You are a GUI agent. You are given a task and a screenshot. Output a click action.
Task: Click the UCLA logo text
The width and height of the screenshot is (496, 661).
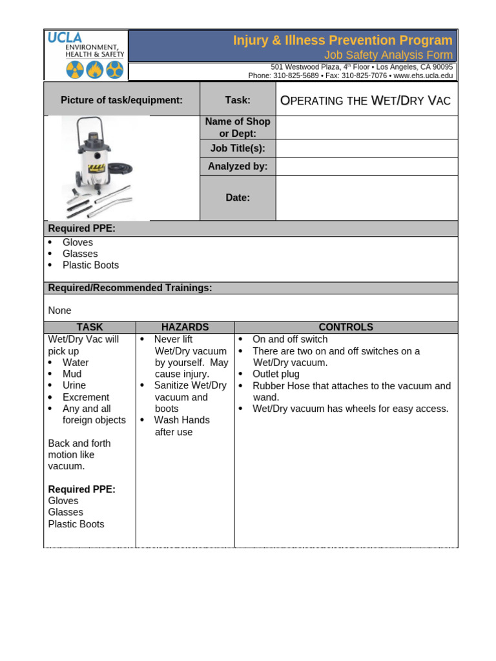(65, 37)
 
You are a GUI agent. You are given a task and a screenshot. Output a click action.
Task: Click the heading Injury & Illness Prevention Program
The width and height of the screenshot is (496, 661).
(343, 41)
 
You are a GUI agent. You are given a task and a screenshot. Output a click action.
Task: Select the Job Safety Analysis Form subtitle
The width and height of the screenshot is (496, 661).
(388, 55)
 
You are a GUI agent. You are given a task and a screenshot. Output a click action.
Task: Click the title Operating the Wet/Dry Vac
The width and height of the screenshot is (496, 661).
(365, 100)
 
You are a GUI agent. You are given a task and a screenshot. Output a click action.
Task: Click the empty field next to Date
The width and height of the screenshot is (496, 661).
(366, 198)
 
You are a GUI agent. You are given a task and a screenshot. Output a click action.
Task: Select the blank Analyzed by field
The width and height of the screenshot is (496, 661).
(366, 166)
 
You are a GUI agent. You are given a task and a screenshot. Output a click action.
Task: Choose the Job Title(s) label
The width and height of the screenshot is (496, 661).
(238, 148)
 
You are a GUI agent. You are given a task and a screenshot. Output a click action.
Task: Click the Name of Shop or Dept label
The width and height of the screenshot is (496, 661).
(238, 127)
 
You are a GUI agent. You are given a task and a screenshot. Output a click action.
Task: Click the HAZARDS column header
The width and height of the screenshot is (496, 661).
(185, 327)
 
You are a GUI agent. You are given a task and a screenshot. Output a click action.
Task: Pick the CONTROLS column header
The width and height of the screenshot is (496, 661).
(346, 327)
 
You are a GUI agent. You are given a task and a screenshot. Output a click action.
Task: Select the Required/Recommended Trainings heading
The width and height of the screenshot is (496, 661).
(130, 288)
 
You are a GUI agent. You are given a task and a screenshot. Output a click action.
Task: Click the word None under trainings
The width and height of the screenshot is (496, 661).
(59, 310)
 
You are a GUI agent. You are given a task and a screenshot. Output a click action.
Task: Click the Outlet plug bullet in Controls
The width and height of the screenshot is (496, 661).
(276, 374)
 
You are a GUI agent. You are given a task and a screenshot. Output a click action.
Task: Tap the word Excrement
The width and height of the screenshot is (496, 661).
(85, 397)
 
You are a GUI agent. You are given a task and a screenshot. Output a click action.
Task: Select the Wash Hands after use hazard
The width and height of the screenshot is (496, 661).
(181, 426)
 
